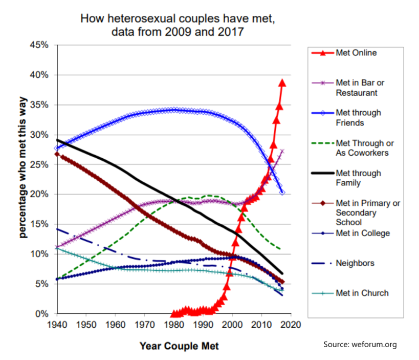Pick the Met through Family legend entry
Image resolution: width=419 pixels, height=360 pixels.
click(358, 178)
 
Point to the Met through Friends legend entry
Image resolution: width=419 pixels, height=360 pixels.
click(358, 117)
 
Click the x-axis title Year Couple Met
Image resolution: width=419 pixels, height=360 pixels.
click(179, 346)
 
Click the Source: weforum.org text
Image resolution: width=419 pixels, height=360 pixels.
click(360, 344)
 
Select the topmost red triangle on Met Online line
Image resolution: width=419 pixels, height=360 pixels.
click(282, 83)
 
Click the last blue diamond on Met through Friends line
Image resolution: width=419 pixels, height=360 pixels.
click(282, 193)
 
